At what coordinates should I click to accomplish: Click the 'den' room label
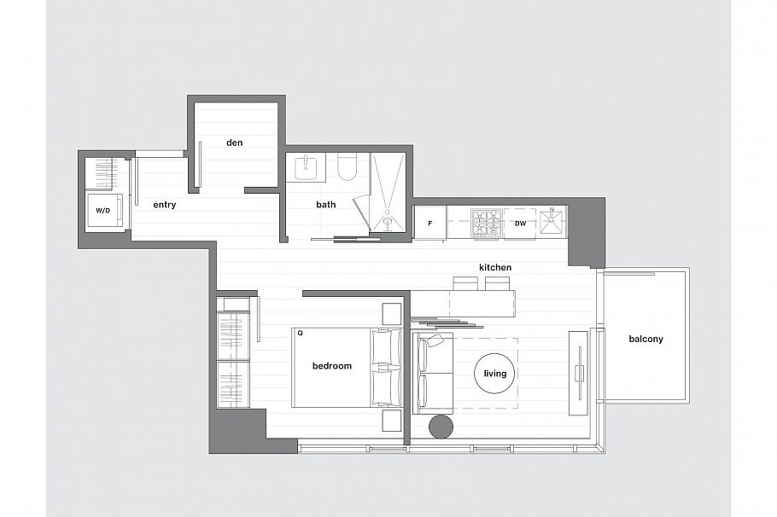tap(234, 142)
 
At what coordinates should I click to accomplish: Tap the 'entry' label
tap(164, 205)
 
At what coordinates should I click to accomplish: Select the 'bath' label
tap(325, 205)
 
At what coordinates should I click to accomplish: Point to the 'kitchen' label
tap(495, 267)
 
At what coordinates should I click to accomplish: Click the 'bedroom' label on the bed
tap(331, 366)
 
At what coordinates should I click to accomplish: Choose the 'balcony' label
tap(646, 339)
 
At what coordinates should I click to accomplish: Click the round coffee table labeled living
tap(495, 374)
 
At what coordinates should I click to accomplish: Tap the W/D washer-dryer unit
tap(104, 210)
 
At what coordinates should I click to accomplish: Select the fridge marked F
tap(429, 224)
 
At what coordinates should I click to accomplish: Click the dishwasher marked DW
tap(520, 224)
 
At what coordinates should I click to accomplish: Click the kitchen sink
tap(552, 223)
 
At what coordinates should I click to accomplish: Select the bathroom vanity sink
tap(305, 167)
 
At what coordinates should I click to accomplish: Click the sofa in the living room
tap(433, 374)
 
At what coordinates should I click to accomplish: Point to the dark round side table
tap(441, 427)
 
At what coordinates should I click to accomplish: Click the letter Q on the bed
tap(300, 334)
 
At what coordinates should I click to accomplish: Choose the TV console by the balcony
tap(579, 373)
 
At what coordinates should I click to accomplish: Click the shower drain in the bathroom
tap(388, 221)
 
